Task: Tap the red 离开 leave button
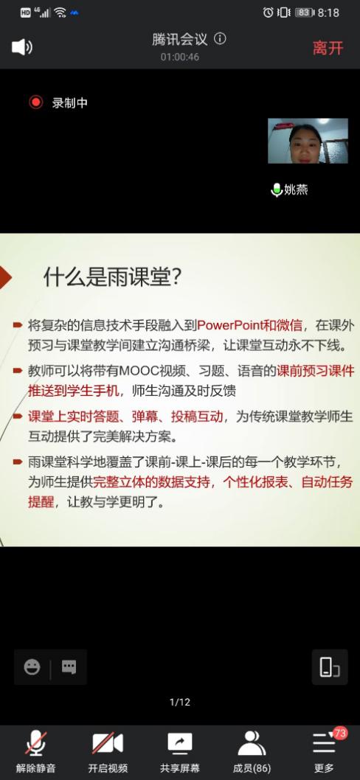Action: (328, 48)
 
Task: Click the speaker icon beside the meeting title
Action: (22, 47)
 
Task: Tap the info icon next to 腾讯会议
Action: (220, 39)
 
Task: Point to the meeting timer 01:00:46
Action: (180, 58)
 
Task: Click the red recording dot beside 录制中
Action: (36, 102)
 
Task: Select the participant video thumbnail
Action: (308, 141)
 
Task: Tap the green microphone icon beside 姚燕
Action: (277, 189)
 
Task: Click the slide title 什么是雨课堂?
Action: (112, 277)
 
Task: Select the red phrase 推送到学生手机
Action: (74, 391)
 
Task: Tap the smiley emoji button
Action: (32, 666)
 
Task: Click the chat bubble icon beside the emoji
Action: (69, 666)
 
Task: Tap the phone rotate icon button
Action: (330, 667)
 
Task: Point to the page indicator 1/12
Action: (180, 702)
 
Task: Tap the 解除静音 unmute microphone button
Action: (36, 752)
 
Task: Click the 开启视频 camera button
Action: (108, 752)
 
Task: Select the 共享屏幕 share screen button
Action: (180, 752)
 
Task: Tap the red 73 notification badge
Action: (340, 733)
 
